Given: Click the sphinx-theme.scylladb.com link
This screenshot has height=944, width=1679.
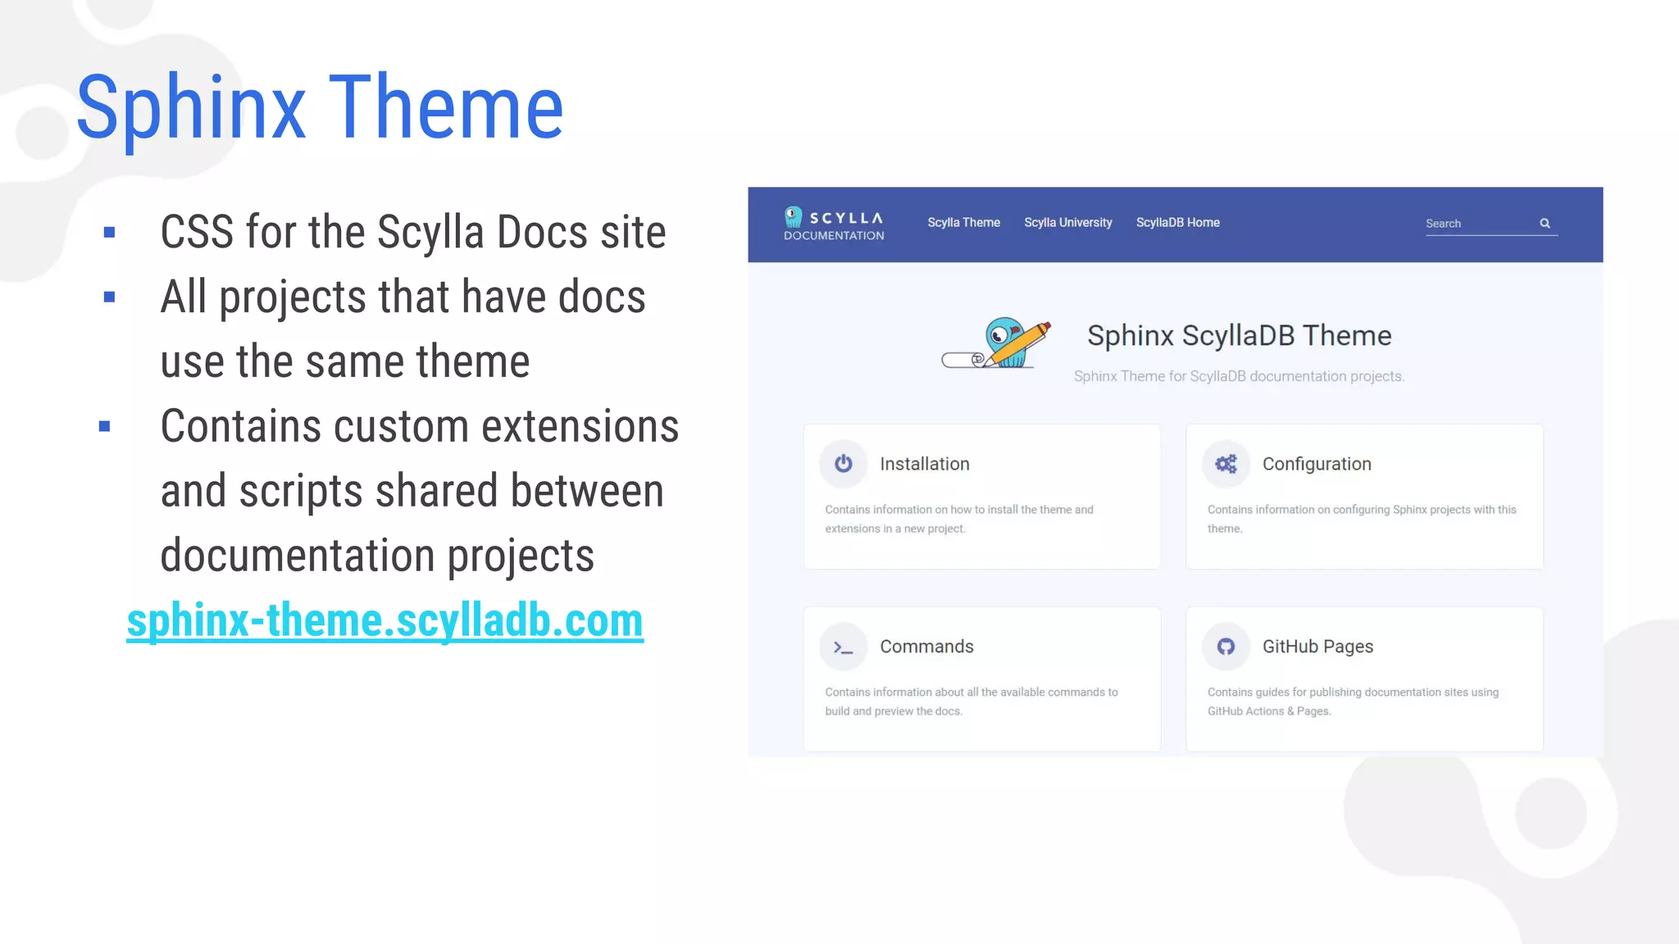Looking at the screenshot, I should click(384, 620).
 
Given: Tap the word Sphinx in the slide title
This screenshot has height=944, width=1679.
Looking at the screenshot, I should click(190, 108).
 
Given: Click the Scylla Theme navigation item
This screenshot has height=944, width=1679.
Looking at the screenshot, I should click(963, 223).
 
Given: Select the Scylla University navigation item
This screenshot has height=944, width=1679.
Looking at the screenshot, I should click(1067, 223).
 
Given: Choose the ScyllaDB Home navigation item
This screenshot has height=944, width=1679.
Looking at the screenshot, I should click(1177, 223).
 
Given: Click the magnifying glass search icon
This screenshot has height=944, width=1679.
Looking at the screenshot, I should click(1545, 223).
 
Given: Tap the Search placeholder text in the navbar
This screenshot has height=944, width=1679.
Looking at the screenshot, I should click(1443, 224).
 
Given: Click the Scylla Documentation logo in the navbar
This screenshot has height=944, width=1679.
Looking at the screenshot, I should click(833, 224).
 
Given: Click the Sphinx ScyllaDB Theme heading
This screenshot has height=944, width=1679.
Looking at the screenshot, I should click(1239, 336).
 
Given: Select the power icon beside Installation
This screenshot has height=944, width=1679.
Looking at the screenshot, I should click(843, 464).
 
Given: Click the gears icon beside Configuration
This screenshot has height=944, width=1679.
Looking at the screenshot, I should click(1226, 464).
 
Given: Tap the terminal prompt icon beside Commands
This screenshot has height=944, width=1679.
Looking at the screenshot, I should click(843, 647).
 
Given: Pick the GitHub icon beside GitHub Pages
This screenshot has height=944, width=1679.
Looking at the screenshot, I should click(1226, 647).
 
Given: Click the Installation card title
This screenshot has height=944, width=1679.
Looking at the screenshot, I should click(924, 464).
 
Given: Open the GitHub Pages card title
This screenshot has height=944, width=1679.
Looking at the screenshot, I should click(1317, 647).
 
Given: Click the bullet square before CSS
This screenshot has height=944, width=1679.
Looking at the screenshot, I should click(109, 233).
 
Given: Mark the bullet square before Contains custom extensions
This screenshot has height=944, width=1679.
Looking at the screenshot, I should click(104, 426).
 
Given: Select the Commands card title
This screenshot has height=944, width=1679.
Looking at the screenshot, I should click(926, 647).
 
